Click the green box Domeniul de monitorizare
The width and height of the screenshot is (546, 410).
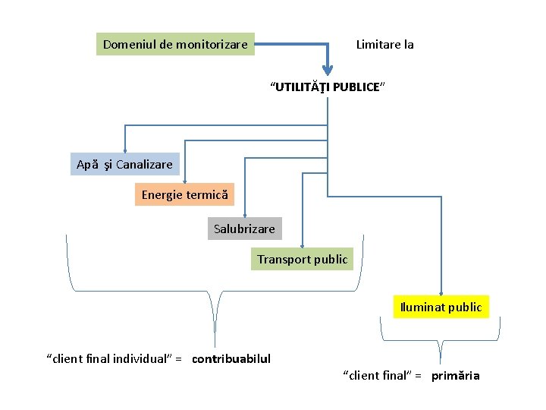click(x=175, y=45)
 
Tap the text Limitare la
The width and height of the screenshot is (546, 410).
click(x=384, y=45)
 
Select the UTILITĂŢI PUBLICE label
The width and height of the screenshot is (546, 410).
click(x=328, y=87)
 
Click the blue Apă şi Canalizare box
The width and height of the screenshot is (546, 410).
click(x=124, y=164)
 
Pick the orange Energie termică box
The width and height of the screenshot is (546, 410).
click(x=184, y=195)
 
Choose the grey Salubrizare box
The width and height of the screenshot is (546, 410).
click(x=244, y=228)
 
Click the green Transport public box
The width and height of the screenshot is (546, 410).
click(x=302, y=259)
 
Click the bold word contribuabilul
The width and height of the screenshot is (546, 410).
click(x=231, y=358)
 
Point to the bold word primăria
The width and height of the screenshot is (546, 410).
click(x=456, y=376)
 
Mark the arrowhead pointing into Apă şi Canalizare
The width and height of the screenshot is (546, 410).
click(x=125, y=150)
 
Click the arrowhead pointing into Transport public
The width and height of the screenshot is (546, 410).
click(x=303, y=244)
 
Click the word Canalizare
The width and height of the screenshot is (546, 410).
click(x=145, y=164)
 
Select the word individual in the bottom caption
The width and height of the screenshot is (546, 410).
click(x=142, y=358)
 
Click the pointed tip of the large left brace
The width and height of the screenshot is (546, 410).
click(x=215, y=345)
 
